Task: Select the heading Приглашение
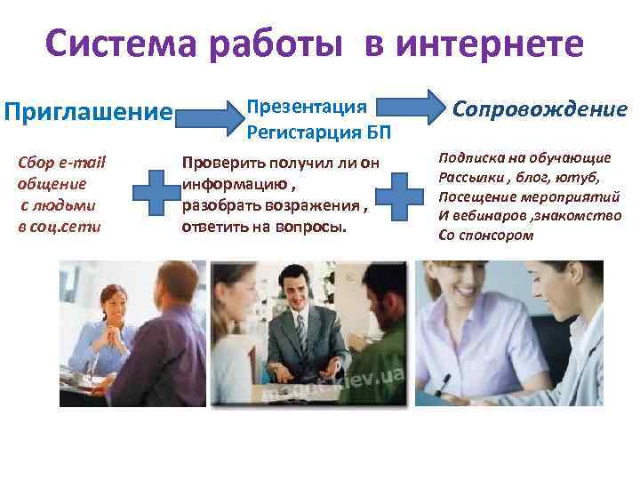click(88, 113)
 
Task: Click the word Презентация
click(307, 108)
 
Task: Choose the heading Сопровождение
click(540, 109)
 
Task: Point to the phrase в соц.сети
click(59, 226)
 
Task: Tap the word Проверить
click(218, 162)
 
